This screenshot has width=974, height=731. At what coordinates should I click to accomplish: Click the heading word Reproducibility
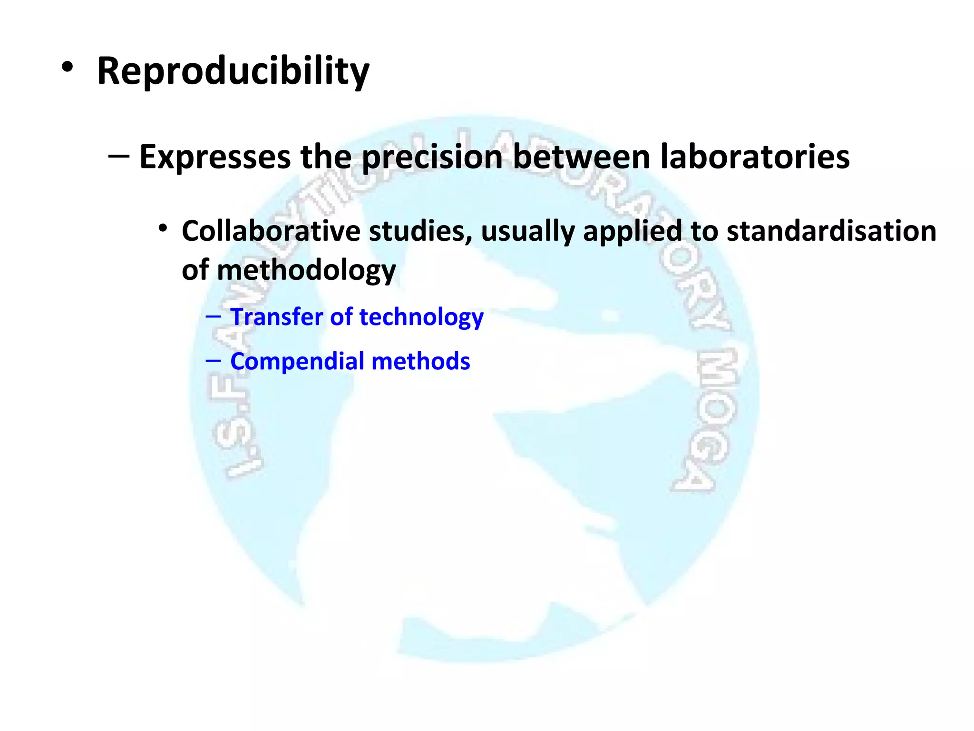[233, 71]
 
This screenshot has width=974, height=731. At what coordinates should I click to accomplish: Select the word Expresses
[215, 157]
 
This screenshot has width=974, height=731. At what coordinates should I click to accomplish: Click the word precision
[432, 157]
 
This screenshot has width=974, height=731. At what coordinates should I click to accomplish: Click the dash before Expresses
[118, 156]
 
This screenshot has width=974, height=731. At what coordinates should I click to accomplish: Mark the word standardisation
[831, 231]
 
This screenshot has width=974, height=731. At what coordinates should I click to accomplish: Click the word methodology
[306, 270]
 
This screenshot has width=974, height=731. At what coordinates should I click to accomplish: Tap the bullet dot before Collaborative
[163, 229]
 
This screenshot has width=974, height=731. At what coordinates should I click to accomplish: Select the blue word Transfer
[276, 317]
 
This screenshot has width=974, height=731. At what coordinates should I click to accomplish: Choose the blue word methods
[420, 361]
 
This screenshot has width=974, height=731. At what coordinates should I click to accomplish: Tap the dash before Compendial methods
[213, 361]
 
